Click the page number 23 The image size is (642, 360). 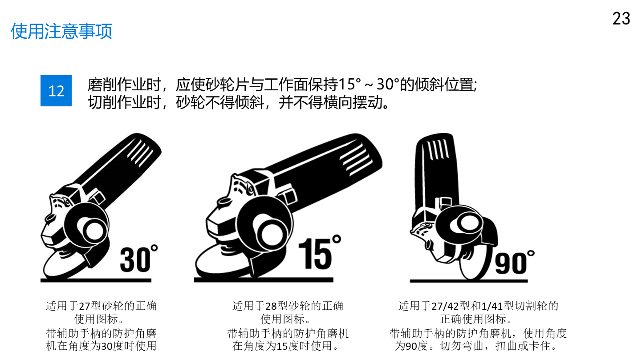click(x=621, y=19)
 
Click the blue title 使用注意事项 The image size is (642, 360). click(x=61, y=31)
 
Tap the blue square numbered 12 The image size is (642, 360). click(x=56, y=91)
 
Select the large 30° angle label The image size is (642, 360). click(x=139, y=259)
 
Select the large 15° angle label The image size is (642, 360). click(x=319, y=252)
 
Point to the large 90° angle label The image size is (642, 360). click(x=515, y=262)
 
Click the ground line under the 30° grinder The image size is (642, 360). click(x=96, y=280)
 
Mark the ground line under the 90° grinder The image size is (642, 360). click(x=469, y=281)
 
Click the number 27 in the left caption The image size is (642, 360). click(x=84, y=306)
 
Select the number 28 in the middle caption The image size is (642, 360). click(x=271, y=306)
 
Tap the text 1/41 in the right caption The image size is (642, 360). click(x=492, y=306)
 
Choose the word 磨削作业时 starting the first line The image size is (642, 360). click(x=124, y=85)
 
